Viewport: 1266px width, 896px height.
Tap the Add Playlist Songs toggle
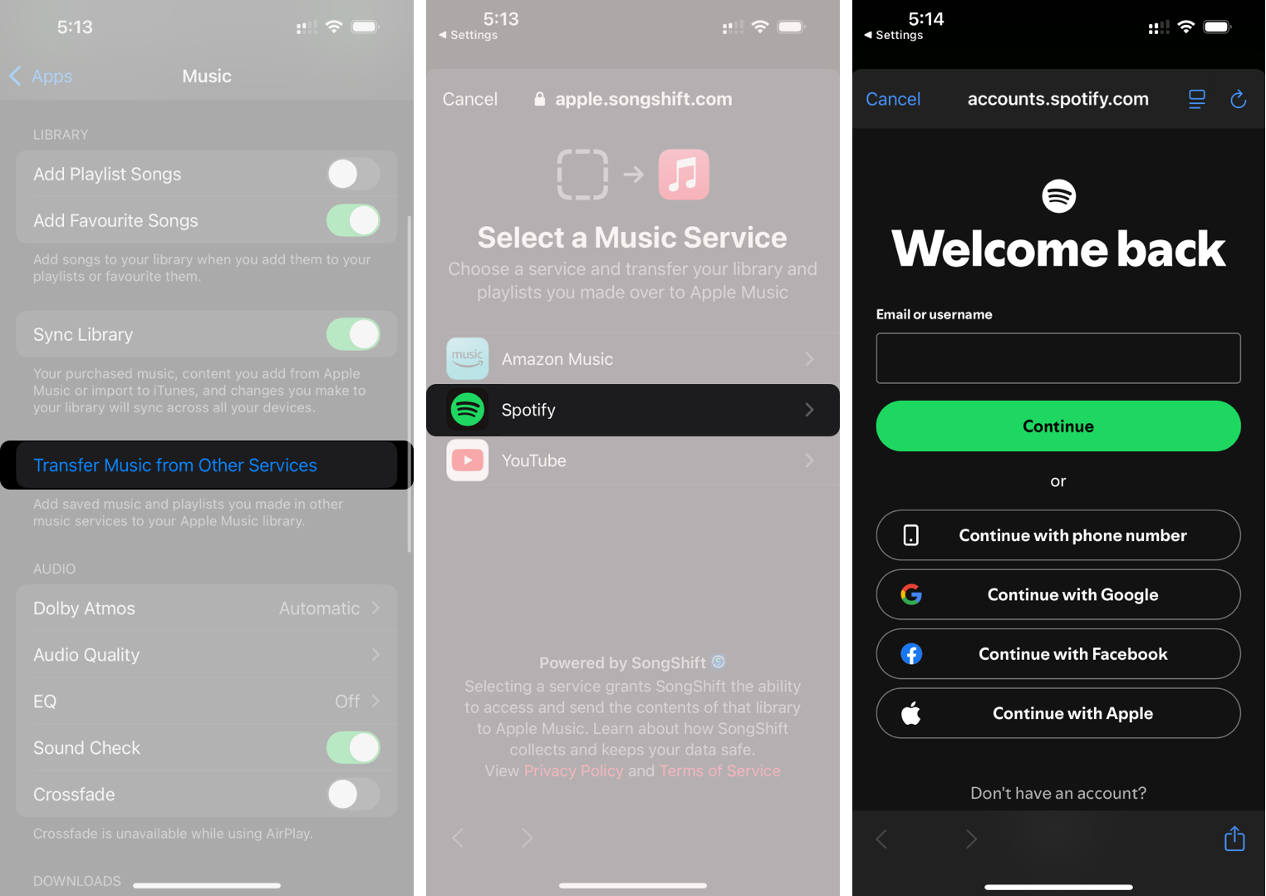click(x=353, y=174)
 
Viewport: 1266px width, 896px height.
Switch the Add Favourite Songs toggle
click(x=353, y=220)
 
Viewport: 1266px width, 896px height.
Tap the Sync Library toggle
click(x=353, y=334)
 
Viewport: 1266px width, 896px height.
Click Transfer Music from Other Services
click(x=175, y=465)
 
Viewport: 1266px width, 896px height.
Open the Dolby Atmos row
click(x=206, y=608)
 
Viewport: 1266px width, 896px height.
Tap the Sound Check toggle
click(x=353, y=748)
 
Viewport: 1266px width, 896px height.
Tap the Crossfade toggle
click(x=353, y=795)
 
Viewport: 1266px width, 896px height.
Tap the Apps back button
click(x=41, y=76)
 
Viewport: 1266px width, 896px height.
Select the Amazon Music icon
click(x=468, y=359)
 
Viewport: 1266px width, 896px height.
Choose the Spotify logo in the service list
click(x=468, y=410)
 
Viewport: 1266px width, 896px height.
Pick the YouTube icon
click(x=468, y=460)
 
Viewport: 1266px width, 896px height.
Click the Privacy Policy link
click(x=573, y=770)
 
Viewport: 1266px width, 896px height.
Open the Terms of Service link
click(x=719, y=770)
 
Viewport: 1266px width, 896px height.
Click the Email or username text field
click(x=1057, y=358)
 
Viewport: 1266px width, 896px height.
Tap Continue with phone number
click(x=1057, y=535)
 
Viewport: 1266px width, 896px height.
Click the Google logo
click(x=911, y=594)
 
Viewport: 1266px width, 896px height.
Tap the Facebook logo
click(x=911, y=654)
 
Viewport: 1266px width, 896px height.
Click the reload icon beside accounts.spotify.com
click(x=1238, y=99)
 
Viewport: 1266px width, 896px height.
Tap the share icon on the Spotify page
click(x=1234, y=839)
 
